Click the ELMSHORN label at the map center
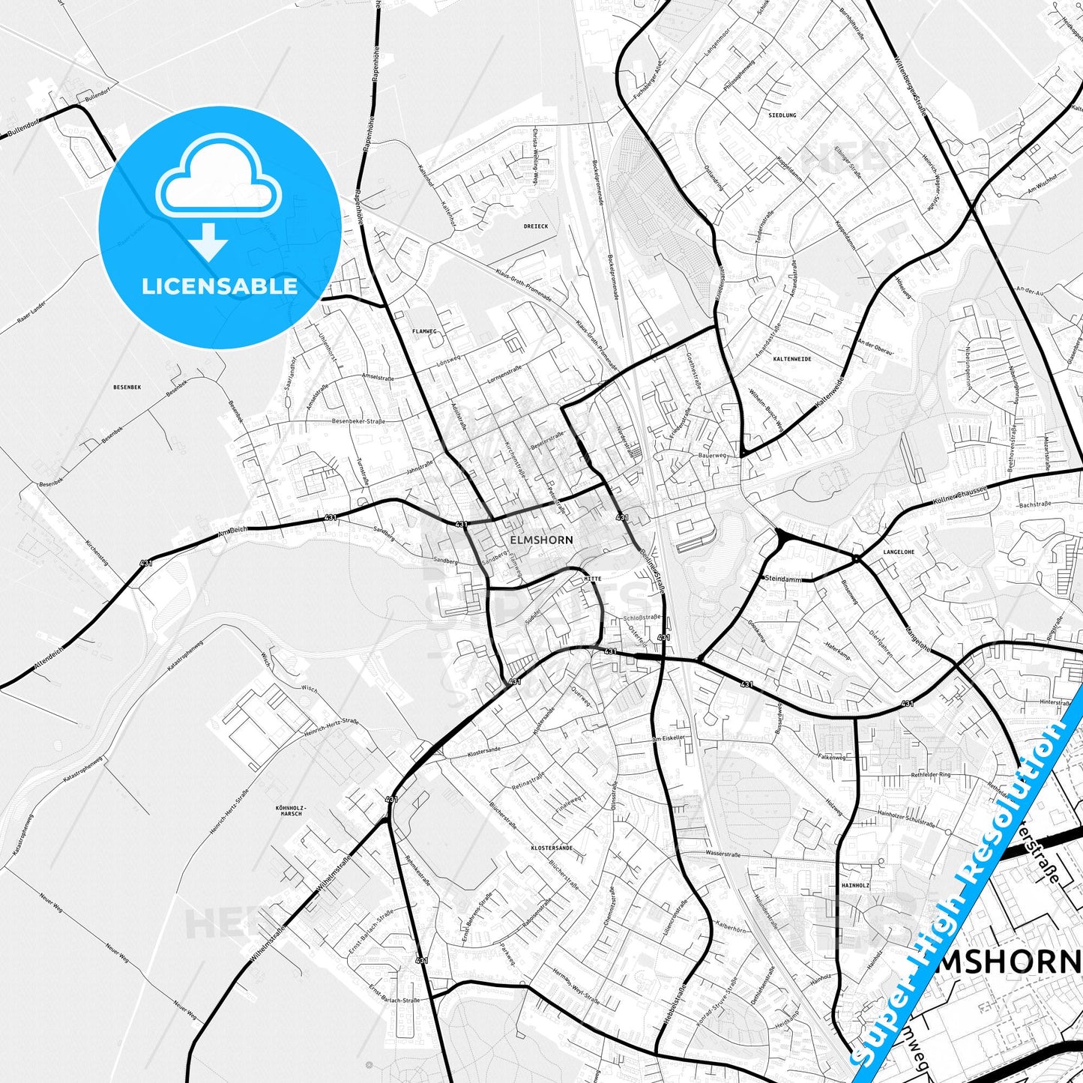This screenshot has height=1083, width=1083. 540,540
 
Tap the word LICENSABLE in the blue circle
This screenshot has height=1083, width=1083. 220,286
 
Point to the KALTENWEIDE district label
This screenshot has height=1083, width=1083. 791,359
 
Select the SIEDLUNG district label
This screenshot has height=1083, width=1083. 782,115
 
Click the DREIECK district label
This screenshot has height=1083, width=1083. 536,226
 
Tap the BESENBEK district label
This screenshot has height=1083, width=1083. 127,387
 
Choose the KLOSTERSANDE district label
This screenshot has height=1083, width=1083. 552,848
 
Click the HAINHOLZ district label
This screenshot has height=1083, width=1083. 855,885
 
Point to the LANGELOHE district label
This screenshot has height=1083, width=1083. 899,552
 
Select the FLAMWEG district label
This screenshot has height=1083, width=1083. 424,331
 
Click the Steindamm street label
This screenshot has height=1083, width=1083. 782,578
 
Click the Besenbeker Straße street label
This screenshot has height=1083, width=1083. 358,421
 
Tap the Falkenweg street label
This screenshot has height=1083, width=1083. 832,758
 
